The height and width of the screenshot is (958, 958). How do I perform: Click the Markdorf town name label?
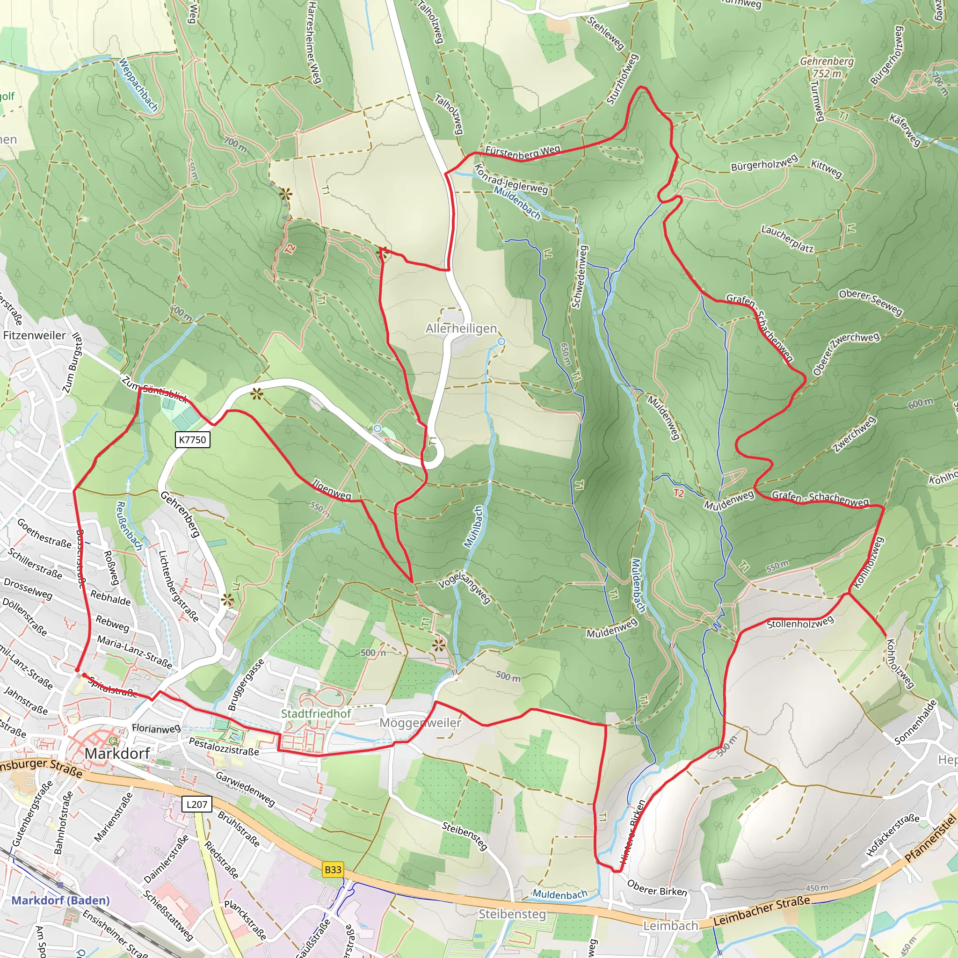click(117, 753)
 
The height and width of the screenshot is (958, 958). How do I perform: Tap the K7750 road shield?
click(192, 439)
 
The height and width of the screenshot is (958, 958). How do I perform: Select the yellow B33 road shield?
click(333, 869)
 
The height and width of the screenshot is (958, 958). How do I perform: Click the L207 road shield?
click(197, 804)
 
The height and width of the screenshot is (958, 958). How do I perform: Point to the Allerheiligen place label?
click(461, 328)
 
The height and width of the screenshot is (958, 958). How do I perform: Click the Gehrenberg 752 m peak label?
click(827, 67)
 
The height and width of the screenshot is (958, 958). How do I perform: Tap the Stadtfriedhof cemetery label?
click(316, 713)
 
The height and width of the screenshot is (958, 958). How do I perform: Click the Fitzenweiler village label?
click(34, 335)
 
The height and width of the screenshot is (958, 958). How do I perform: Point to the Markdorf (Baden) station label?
click(60, 900)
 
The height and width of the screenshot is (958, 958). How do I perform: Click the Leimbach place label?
click(670, 925)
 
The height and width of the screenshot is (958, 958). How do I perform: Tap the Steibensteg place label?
click(512, 914)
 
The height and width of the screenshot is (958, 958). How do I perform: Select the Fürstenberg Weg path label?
click(523, 151)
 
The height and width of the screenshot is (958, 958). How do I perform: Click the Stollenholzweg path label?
click(800, 623)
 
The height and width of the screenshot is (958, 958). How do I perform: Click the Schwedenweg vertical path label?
click(579, 277)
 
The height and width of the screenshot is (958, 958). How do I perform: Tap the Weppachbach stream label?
click(138, 85)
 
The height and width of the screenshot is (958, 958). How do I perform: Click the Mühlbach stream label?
click(473, 527)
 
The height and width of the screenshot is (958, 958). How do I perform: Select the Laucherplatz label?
click(787, 239)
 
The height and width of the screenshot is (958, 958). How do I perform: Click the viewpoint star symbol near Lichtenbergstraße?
click(227, 601)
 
